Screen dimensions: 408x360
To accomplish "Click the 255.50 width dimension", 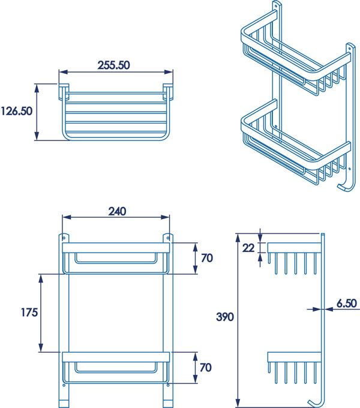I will tap(114, 65).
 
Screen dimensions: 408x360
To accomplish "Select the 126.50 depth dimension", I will tap(17, 112).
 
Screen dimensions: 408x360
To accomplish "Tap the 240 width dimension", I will tap(116, 211).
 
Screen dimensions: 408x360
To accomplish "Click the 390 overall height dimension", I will tap(226, 317).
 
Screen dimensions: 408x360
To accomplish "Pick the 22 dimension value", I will tap(248, 247).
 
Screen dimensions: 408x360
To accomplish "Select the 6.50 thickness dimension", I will tap(347, 304).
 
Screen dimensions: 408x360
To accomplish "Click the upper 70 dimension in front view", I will tap(207, 259).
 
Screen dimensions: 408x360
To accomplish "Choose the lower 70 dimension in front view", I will tap(207, 367).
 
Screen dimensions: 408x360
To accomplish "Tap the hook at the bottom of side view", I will tap(314, 402).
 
